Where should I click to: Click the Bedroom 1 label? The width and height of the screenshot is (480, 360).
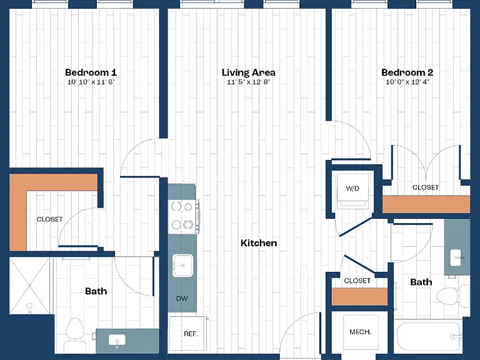coord(91,72)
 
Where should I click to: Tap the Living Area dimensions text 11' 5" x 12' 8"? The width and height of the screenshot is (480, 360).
coord(249,82)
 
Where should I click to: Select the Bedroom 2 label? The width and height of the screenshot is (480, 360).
coord(407,72)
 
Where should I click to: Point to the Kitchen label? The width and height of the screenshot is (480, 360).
coord(259,243)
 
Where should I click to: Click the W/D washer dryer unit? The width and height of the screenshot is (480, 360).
coord(352,191)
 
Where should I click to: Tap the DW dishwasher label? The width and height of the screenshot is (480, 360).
coord(182,299)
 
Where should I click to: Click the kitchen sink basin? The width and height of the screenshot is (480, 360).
coord(182,266)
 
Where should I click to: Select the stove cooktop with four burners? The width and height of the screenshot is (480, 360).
coord(182,216)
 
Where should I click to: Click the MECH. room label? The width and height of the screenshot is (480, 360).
coord(360,332)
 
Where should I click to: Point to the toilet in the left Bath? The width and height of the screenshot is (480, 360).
coord(75,336)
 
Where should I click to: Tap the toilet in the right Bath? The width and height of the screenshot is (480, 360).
coord(452,296)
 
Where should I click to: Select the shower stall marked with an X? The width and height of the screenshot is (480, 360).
coord(29,286)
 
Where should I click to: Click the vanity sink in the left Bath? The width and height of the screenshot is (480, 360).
coord(117,340)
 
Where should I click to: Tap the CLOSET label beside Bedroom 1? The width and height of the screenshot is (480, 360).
coord(49,219)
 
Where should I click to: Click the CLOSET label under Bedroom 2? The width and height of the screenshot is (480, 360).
coord(426,187)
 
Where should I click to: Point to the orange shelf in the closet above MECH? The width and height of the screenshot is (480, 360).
coord(360,297)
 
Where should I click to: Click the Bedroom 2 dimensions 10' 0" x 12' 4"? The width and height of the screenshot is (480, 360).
coord(407,82)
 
